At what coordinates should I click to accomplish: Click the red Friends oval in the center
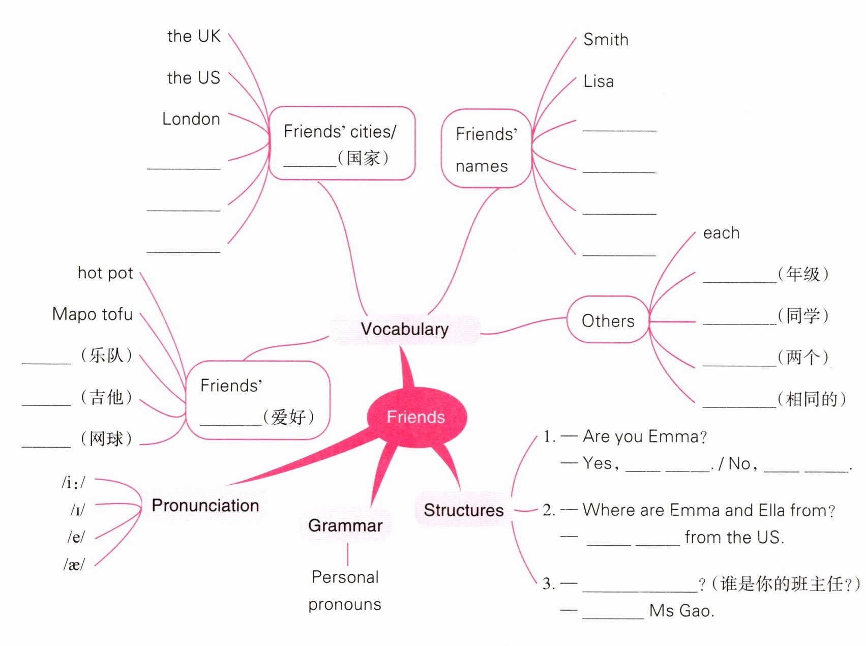(416, 417)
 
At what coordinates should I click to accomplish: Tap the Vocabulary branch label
(405, 329)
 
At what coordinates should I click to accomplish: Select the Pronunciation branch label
(205, 505)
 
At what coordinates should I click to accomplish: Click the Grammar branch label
(345, 525)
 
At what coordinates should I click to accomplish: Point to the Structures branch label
(463, 510)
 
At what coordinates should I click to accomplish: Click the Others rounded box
(608, 320)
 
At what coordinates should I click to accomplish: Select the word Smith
(606, 40)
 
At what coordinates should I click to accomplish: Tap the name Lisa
(599, 81)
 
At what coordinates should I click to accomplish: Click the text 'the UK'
(194, 36)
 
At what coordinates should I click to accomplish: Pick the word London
(191, 119)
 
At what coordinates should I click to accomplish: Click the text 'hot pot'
(105, 273)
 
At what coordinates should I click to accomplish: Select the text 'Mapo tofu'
(93, 314)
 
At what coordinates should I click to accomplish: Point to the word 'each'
(721, 233)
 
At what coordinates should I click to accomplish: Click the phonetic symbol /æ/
(74, 564)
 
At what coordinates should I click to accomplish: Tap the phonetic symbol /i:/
(74, 482)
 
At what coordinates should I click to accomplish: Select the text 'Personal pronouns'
(345, 591)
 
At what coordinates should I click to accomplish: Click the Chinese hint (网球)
(106, 438)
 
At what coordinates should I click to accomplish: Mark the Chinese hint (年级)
(803, 274)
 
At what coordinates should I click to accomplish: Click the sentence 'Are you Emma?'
(644, 436)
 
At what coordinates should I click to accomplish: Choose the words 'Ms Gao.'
(682, 610)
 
